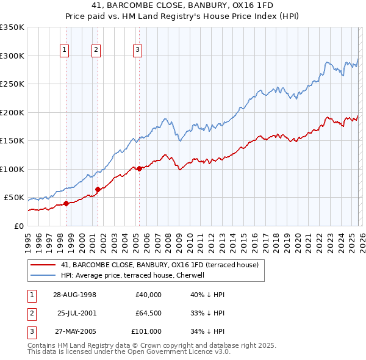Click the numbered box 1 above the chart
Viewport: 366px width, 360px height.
click(x=65, y=50)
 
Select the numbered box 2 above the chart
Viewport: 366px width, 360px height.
click(x=96, y=50)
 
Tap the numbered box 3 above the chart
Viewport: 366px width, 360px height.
click(x=137, y=50)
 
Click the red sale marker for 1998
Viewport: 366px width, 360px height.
click(x=66, y=203)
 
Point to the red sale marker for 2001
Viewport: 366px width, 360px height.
click(x=98, y=189)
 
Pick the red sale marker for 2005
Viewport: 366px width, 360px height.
click(x=139, y=168)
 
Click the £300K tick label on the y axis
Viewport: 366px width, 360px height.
click(x=12, y=56)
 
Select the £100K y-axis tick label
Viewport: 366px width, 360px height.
click(x=12, y=169)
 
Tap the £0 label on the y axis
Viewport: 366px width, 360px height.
click(x=18, y=226)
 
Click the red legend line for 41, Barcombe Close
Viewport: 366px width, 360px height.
click(x=43, y=265)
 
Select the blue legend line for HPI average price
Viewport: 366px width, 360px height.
click(x=43, y=275)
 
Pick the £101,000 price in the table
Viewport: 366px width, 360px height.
click(x=146, y=331)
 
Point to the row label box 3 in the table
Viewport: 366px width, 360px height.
click(x=30, y=331)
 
